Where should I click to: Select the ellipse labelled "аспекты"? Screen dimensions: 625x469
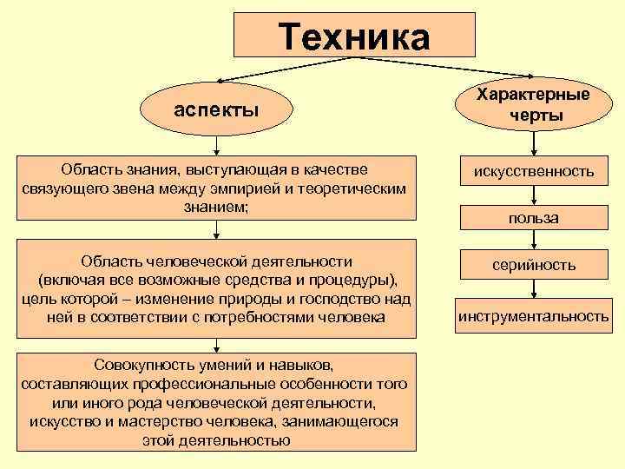click(x=216, y=110)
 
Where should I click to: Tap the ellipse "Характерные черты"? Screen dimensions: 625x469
click(x=533, y=105)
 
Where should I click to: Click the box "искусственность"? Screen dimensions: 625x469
click(x=533, y=172)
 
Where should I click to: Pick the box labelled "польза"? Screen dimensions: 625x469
click(x=533, y=218)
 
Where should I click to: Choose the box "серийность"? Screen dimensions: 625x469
click(x=533, y=265)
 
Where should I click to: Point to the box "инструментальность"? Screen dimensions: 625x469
click(x=533, y=315)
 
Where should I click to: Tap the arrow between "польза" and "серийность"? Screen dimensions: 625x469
click(x=533, y=241)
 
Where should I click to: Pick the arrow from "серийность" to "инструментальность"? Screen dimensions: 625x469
click(x=533, y=289)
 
